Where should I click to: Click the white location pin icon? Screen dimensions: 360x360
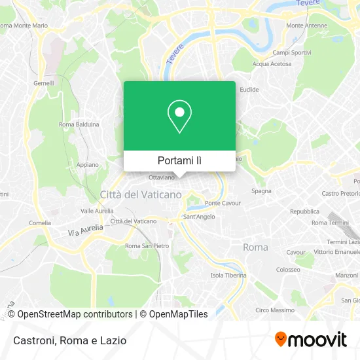179,117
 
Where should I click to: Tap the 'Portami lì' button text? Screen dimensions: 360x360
179,160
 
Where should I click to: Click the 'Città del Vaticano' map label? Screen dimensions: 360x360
141,194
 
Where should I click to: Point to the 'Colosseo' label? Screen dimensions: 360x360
287,269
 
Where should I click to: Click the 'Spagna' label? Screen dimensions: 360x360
261,191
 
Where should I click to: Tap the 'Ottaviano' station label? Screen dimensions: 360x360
162,177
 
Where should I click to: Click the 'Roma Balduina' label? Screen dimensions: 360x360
79,124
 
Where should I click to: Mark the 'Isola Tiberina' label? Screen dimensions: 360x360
228,276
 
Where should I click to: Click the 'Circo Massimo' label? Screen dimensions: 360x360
270,310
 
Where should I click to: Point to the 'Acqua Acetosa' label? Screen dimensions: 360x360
271,64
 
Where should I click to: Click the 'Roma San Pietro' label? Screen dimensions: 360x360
147,246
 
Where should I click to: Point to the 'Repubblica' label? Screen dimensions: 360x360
304,211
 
